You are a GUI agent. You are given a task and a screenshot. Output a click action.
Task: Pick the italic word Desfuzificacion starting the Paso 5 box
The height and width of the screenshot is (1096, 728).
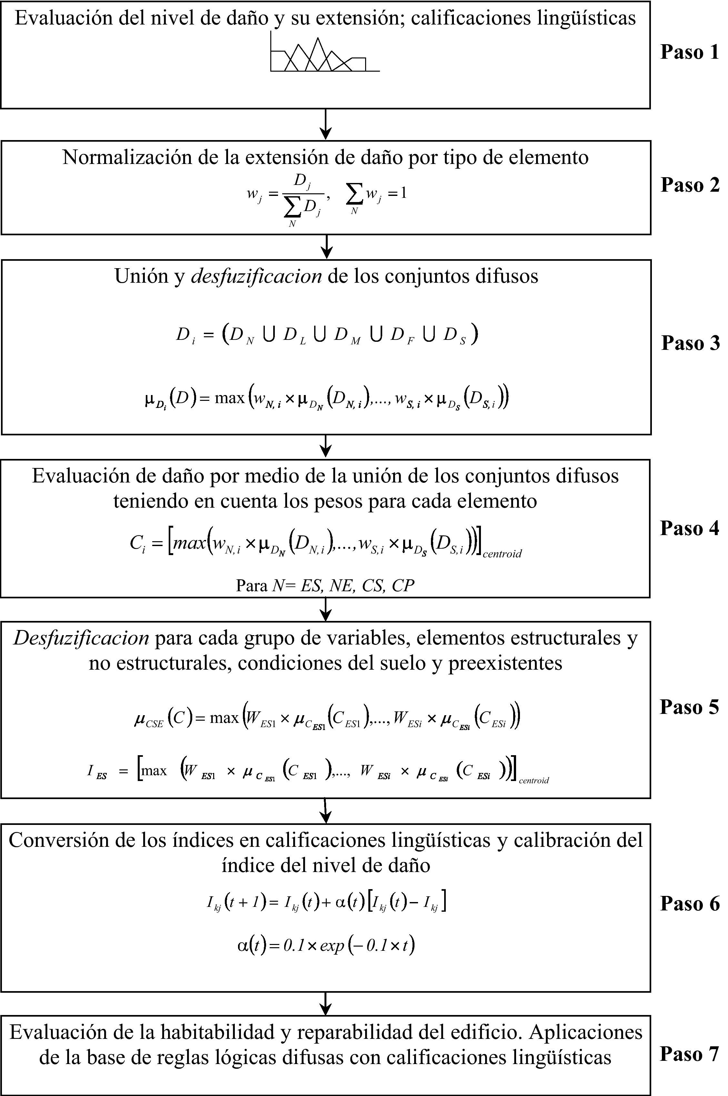coord(81,639)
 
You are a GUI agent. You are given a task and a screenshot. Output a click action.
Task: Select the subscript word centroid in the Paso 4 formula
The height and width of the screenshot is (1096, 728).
coord(502,553)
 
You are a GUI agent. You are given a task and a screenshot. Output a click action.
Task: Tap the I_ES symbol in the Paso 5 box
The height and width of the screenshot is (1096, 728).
coord(96,771)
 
